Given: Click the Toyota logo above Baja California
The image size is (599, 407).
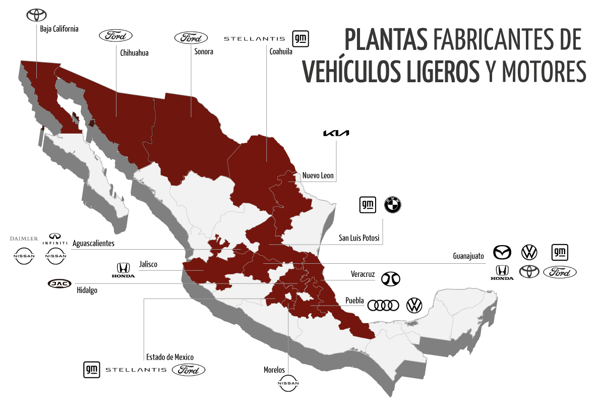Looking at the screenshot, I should click(36, 15).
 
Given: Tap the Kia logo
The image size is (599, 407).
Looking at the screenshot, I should click(336, 133).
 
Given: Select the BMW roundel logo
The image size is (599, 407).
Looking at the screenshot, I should click(392, 205).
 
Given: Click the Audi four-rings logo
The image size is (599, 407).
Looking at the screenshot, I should click(383, 306).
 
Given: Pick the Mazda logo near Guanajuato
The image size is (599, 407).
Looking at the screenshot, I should click(502, 251).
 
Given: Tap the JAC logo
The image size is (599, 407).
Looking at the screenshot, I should click(60, 283).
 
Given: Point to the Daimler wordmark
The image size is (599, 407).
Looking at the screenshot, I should click(24, 238).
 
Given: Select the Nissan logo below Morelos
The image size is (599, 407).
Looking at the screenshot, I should click(288, 384).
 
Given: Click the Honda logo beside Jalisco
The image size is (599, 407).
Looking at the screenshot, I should click(123, 270).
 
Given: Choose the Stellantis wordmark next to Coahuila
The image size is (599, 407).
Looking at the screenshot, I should click(254, 38).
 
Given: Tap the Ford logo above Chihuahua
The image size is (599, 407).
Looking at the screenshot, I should click(115, 35).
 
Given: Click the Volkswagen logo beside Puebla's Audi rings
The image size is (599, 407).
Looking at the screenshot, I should click(414, 306).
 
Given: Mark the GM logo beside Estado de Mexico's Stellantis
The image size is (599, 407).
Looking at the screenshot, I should click(91, 370).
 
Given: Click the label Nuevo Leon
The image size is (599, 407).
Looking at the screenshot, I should click(318, 176).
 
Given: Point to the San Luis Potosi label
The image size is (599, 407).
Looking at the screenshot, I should click(358, 238).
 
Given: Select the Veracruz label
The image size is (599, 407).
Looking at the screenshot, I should click(363, 274).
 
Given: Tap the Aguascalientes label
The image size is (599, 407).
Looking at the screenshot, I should click(93, 243).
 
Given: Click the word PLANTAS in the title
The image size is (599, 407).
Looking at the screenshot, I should click(386, 40).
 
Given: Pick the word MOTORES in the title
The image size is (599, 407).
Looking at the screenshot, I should click(544, 72).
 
